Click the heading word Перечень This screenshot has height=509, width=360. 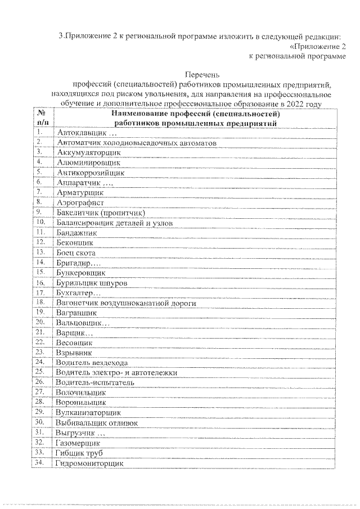201,74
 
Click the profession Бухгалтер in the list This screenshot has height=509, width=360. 78,293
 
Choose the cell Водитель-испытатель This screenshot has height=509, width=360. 95,382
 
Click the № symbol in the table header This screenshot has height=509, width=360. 43,112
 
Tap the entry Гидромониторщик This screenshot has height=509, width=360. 89,463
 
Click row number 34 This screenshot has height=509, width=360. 40,463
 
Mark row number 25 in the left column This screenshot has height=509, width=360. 40,372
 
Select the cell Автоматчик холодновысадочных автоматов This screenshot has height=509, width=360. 136,143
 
